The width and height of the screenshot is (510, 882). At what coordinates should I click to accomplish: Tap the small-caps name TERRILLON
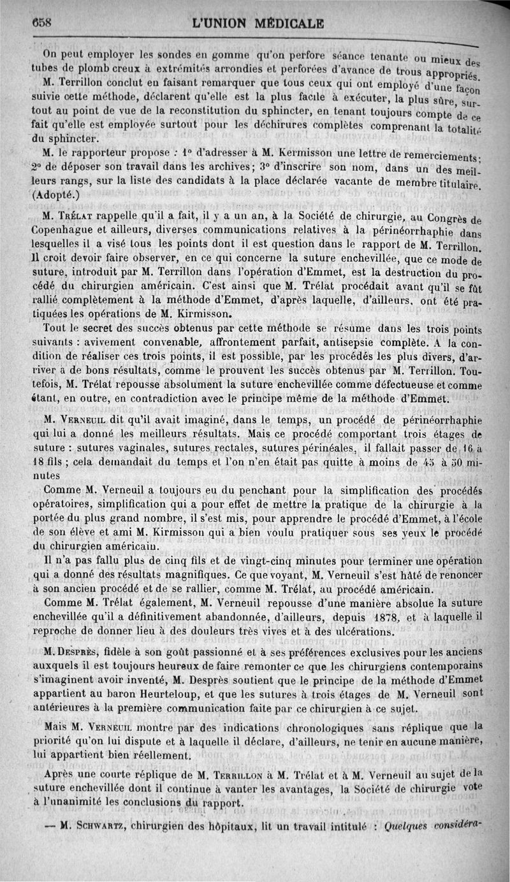pyautogui.click(x=249, y=775)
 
